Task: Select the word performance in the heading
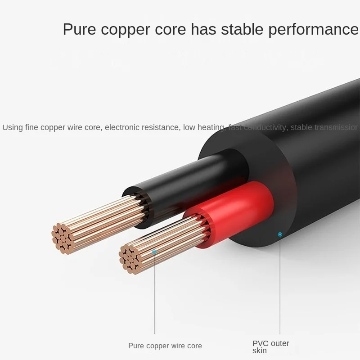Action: point(314,30)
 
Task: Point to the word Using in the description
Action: point(12,127)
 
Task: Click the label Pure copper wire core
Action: point(165,346)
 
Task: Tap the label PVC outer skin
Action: point(270,347)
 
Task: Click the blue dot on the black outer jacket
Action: point(280,234)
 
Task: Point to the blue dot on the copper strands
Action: point(154,252)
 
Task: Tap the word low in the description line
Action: point(189,127)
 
